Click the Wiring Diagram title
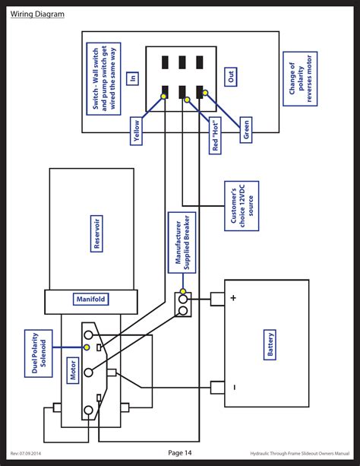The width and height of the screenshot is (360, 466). pyautogui.click(x=37, y=14)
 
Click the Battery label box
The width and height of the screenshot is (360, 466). pyautogui.click(x=271, y=344)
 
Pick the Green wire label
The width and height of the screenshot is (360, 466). pyautogui.click(x=245, y=129)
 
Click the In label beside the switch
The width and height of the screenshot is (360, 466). pyautogui.click(x=133, y=78)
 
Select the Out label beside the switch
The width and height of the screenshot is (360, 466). pyautogui.click(x=232, y=77)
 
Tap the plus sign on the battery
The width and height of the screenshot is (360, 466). pyautogui.click(x=233, y=298)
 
